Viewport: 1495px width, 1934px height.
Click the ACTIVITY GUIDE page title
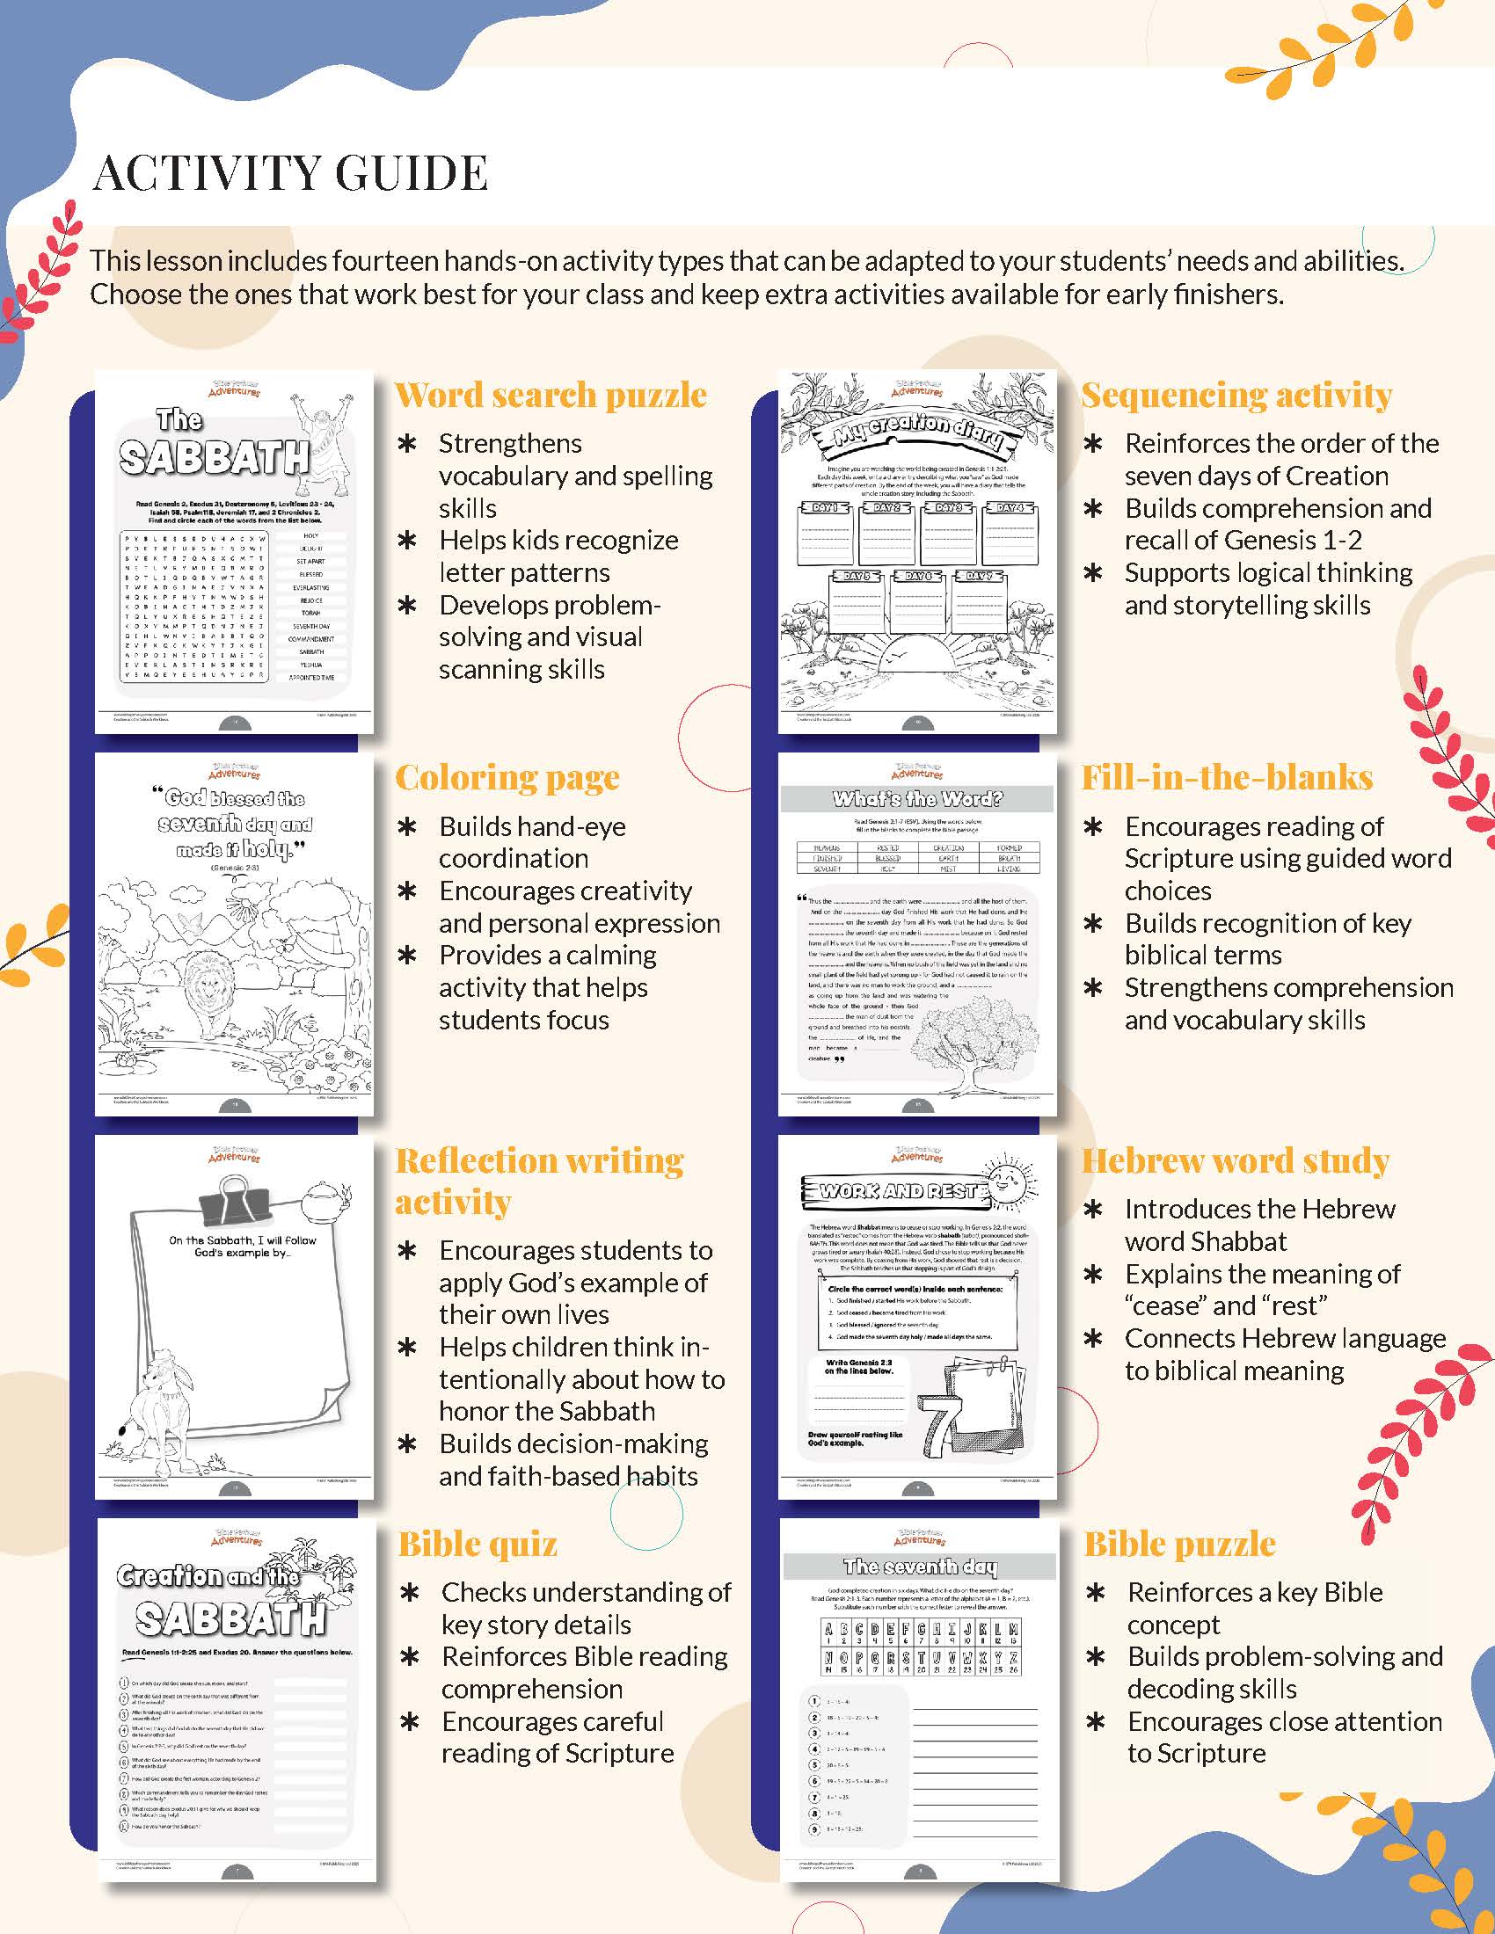point(290,172)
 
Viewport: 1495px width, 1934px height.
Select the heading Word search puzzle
point(550,395)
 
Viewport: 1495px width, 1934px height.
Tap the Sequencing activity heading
point(1236,395)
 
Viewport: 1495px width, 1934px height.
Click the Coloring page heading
point(507,777)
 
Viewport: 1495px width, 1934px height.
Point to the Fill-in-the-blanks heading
point(1227,777)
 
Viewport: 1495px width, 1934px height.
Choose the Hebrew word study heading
point(1235,1161)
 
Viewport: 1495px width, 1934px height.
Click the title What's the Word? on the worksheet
point(916,799)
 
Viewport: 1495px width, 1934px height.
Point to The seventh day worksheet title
point(919,1567)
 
